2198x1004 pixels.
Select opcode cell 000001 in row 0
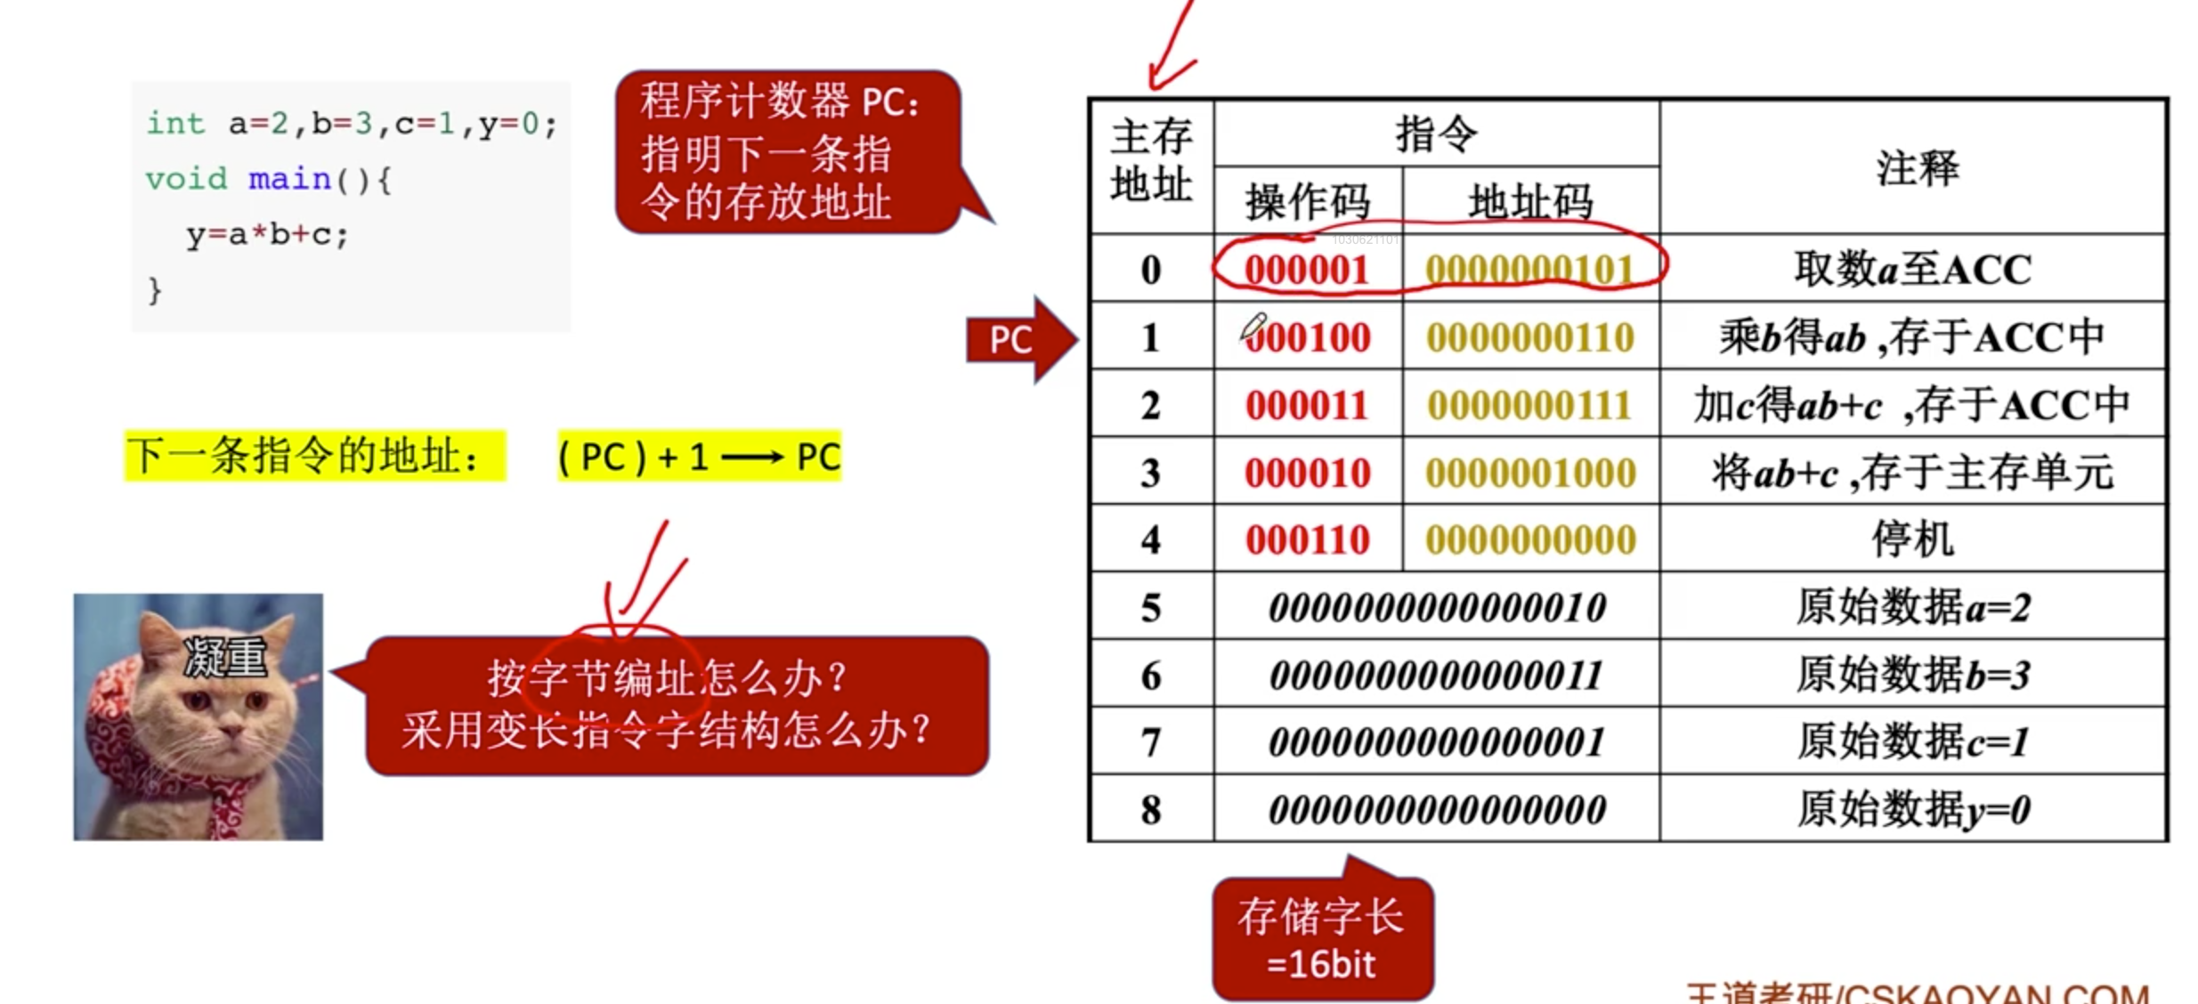tap(1306, 270)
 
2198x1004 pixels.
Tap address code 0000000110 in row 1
tap(1530, 337)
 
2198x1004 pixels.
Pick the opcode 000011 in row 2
tap(1306, 405)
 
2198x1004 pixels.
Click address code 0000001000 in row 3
tap(1530, 473)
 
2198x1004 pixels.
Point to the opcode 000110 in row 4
tap(1306, 540)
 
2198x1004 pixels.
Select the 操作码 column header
tap(1307, 202)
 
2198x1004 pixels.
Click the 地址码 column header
tap(1530, 202)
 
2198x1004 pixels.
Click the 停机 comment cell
tap(1912, 539)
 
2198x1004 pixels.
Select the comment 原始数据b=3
tap(1912, 675)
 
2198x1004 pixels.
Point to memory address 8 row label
tap(1150, 810)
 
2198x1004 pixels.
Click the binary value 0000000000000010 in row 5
tap(1437, 608)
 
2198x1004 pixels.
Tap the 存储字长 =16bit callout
tap(1321, 940)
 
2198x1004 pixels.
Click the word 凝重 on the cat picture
tap(224, 659)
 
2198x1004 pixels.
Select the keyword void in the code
tap(186, 179)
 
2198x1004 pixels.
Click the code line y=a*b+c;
tap(267, 235)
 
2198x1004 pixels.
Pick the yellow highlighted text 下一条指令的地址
tap(303, 457)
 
